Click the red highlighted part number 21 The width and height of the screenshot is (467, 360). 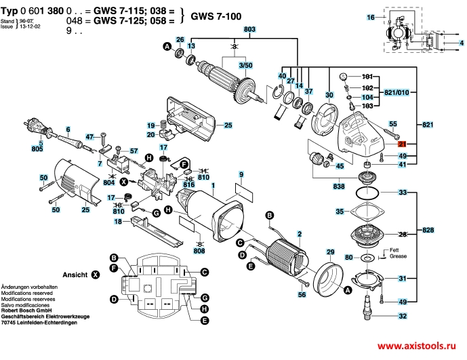402,144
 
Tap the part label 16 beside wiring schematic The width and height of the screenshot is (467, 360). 370,16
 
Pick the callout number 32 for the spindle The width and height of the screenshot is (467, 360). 403,317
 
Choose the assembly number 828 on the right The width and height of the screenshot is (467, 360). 426,231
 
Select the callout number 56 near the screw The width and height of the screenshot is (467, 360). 302,295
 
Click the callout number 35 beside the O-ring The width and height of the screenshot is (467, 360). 339,212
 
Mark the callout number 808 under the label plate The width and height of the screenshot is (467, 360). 199,251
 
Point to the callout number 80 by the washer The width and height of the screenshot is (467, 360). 349,258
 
